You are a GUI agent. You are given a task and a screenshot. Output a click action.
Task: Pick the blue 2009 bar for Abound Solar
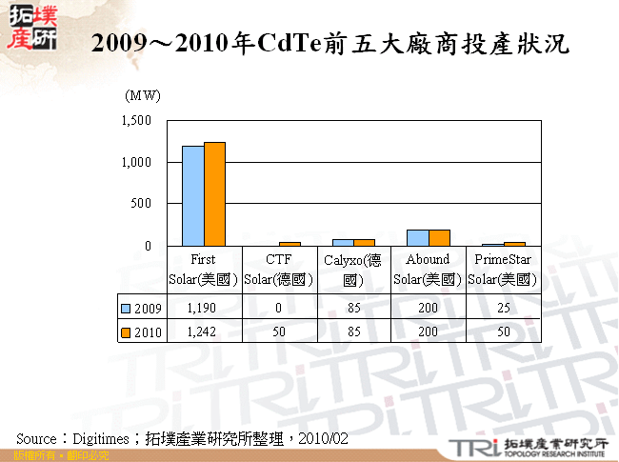(417, 237)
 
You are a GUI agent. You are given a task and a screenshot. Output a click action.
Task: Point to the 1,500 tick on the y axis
(136, 121)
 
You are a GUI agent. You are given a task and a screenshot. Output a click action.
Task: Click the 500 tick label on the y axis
(142, 204)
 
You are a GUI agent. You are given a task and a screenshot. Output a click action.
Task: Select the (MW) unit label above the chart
(143, 95)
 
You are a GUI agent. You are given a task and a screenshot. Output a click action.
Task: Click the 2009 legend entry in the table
(141, 308)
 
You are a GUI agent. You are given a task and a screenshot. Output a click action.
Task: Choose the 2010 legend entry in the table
(141, 331)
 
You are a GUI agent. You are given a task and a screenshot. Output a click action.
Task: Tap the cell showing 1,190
(204, 308)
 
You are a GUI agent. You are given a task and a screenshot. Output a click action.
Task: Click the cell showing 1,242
(204, 331)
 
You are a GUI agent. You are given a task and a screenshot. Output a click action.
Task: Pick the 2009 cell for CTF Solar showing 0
(278, 308)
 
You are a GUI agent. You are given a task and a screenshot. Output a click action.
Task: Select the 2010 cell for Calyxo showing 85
(353, 331)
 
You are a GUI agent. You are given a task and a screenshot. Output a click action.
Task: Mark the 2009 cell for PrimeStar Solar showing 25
(503, 308)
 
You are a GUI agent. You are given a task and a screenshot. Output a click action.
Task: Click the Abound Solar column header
(428, 269)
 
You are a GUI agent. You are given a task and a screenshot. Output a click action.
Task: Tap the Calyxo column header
(353, 269)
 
